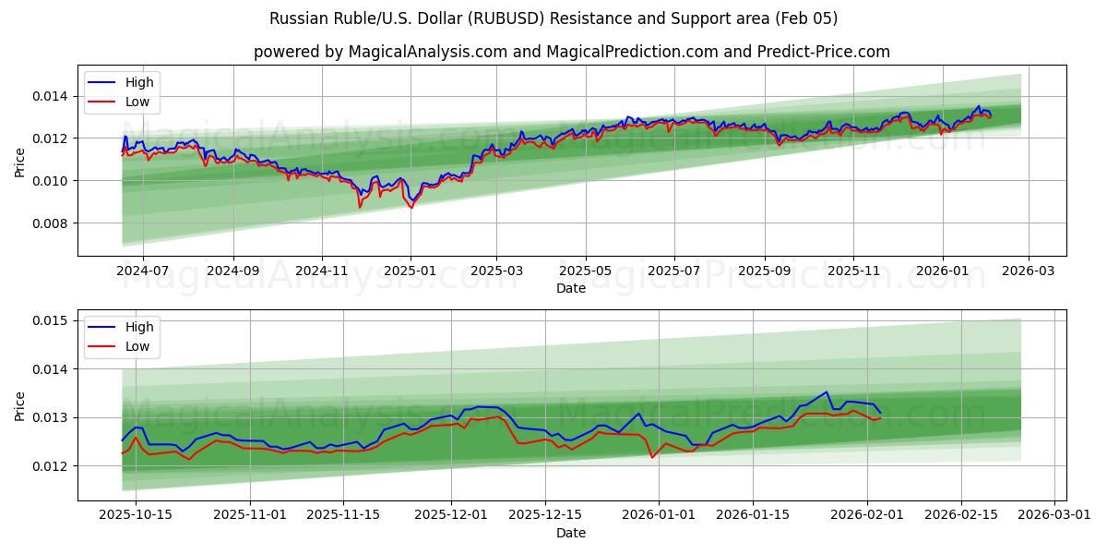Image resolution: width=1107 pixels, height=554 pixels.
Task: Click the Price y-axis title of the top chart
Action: tap(20, 163)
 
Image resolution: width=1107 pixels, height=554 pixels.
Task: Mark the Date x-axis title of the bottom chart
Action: tap(571, 533)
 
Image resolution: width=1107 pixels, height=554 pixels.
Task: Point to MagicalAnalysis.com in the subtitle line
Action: tap(427, 52)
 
